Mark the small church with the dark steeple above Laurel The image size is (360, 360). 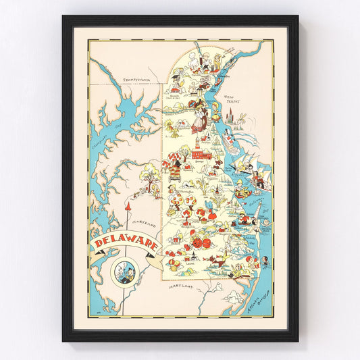pyautogui.click(x=195, y=255)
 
